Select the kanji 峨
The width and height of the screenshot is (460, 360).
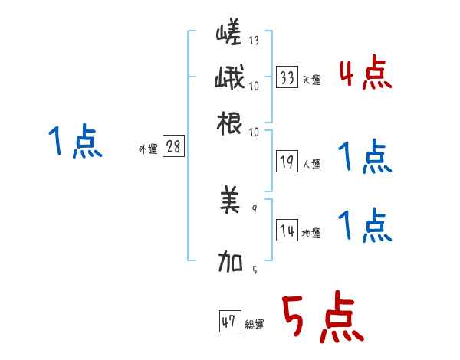click(231, 80)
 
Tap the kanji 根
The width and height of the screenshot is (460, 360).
click(231, 123)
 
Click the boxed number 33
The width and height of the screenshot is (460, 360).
click(287, 77)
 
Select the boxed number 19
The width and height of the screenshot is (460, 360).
click(287, 162)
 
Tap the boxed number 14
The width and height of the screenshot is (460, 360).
click(287, 231)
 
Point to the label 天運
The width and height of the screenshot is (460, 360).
click(311, 80)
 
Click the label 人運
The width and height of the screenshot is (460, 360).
click(311, 164)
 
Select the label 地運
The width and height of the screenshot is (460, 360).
click(311, 234)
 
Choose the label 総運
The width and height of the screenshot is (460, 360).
click(254, 325)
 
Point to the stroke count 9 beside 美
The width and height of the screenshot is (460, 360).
click(254, 208)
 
